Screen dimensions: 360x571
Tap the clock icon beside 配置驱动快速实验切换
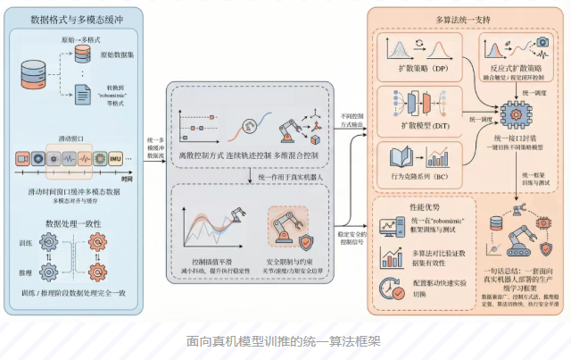(x=389, y=289)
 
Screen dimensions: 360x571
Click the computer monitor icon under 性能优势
(x=391, y=227)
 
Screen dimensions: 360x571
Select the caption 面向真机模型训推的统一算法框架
(x=285, y=341)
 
